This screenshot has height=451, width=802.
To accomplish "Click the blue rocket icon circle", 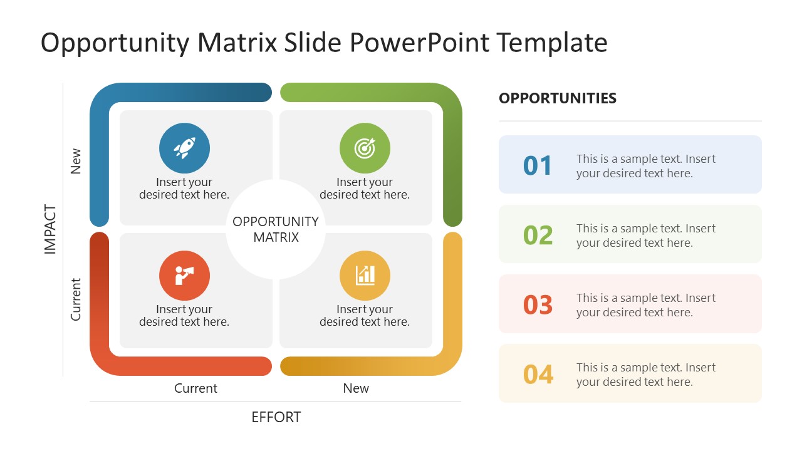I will coord(184,148).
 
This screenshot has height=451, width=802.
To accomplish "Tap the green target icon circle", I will coord(365,148).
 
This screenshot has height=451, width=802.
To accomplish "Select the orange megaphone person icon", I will coord(184,276).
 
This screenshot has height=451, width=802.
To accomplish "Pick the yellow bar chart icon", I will coord(365,276).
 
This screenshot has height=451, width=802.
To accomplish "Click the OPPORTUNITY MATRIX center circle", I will coord(275,229).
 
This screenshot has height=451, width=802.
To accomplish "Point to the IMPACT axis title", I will coord(51,229).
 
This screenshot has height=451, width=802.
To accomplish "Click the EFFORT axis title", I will coord(276,417).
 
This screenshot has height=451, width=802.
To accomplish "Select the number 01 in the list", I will coord(538,166).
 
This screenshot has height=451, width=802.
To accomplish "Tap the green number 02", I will coord(538,236).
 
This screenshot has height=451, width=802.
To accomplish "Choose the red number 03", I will coord(538,305).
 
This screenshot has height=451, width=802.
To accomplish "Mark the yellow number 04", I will coord(538,375).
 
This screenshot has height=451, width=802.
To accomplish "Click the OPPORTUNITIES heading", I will coord(558,98).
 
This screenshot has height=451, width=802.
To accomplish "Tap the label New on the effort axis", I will coord(356,388).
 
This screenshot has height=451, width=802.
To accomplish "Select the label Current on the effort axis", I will coord(195,388).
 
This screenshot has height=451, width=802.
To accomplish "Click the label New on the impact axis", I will coord(76,161).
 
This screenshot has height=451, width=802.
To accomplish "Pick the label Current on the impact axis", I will coord(76,299).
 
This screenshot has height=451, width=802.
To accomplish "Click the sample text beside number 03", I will coord(645,305).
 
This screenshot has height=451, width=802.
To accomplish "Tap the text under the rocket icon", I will coord(184,189).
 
